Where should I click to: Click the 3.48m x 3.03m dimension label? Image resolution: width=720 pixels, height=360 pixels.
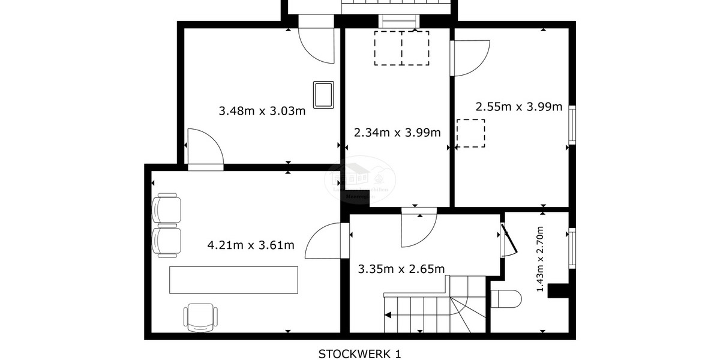(x=262, y=111)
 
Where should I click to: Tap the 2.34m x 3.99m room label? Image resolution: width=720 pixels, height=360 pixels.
(x=397, y=133)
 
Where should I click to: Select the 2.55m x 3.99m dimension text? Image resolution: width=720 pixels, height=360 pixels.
(x=518, y=107)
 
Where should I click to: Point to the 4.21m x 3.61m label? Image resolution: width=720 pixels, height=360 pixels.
(x=250, y=245)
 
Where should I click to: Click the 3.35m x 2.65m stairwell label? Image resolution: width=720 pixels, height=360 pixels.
(x=401, y=269)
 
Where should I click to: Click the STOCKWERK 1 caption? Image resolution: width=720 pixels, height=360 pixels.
(x=359, y=353)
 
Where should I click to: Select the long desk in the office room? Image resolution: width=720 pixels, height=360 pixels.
(x=233, y=280)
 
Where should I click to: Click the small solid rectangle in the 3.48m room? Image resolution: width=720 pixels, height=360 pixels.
(x=324, y=95)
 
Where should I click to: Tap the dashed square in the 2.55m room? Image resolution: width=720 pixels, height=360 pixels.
(x=470, y=133)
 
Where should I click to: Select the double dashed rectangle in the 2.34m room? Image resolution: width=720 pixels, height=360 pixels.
(x=401, y=48)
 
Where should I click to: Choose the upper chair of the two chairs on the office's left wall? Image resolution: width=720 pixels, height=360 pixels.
(x=167, y=208)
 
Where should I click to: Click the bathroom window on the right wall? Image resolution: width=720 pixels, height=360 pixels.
(x=572, y=248)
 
